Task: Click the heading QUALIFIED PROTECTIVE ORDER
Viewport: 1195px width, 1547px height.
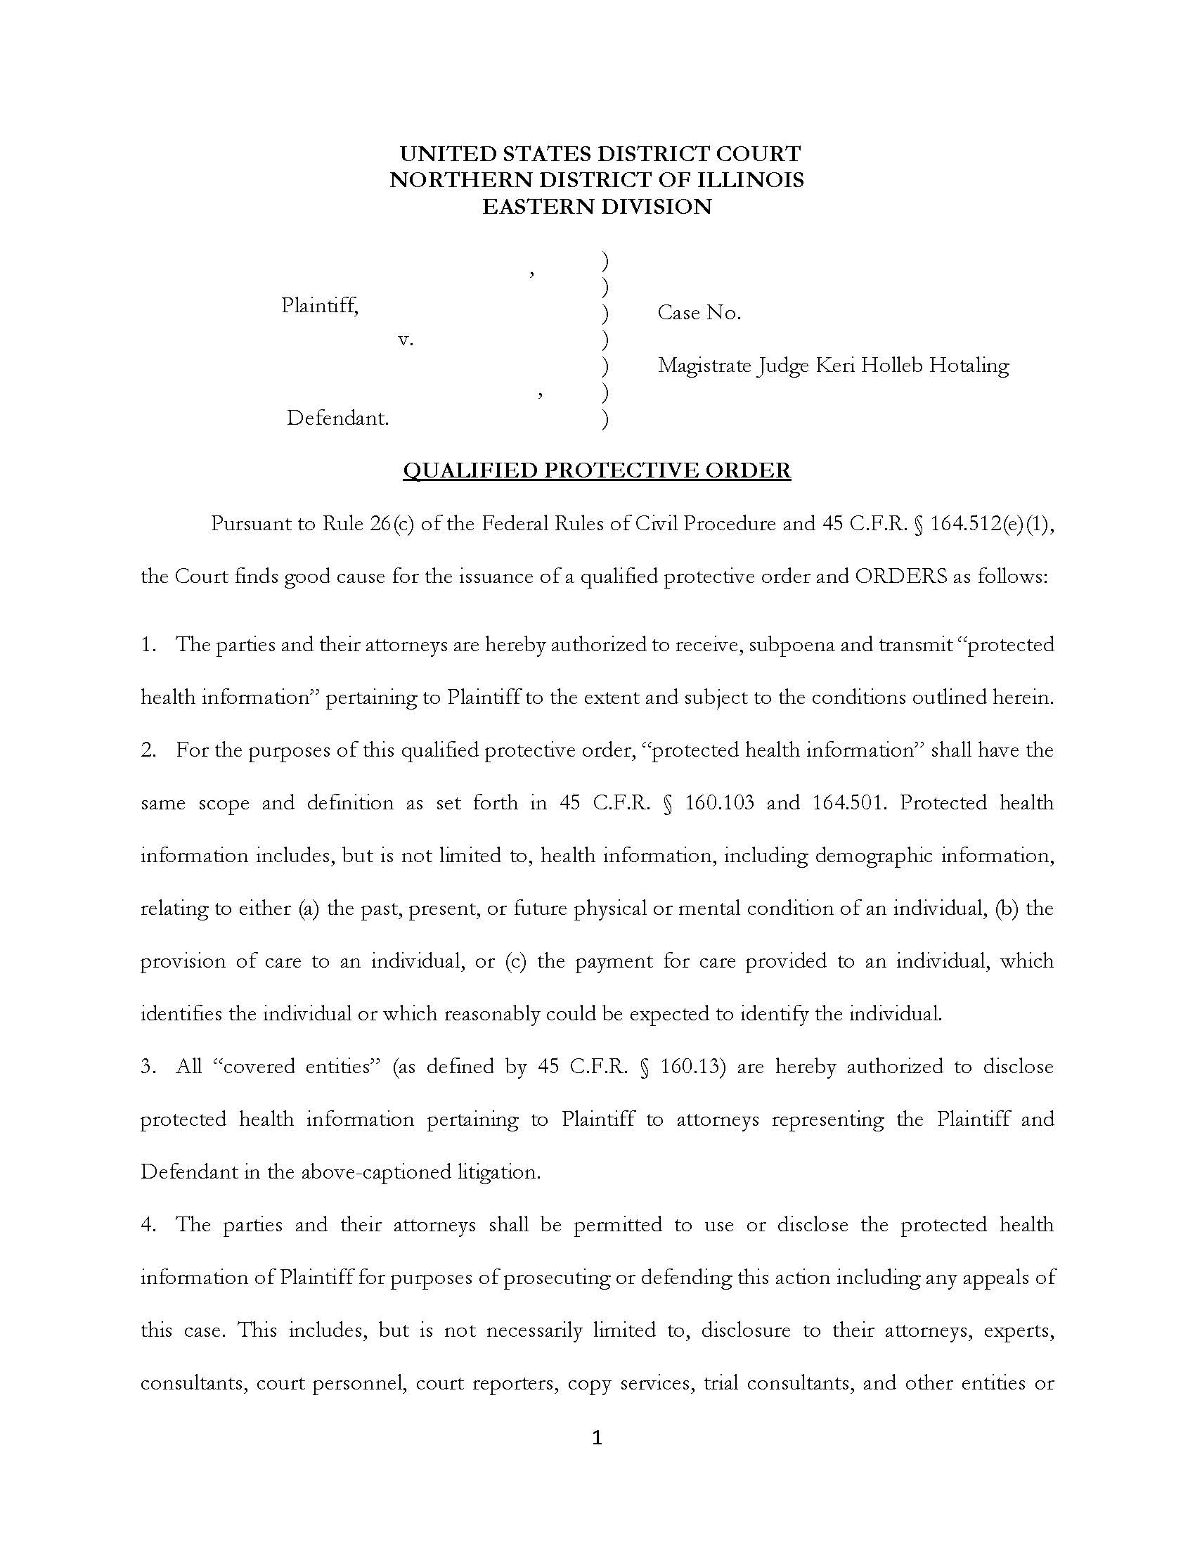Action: [x=596, y=470]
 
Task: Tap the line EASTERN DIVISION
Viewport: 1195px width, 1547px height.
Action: [x=596, y=206]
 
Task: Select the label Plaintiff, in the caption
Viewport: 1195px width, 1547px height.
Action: [x=319, y=305]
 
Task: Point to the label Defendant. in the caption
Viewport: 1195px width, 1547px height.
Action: [x=337, y=418]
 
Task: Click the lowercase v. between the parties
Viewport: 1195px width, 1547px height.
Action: [x=405, y=340]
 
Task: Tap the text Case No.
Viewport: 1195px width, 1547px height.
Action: [x=699, y=312]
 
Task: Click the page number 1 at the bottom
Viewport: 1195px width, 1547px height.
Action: [x=596, y=1437]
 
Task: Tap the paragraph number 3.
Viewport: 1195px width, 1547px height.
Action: [x=147, y=1067]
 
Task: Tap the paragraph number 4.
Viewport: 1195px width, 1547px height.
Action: [x=147, y=1225]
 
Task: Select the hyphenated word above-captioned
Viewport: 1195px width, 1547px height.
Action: [x=363, y=1172]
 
